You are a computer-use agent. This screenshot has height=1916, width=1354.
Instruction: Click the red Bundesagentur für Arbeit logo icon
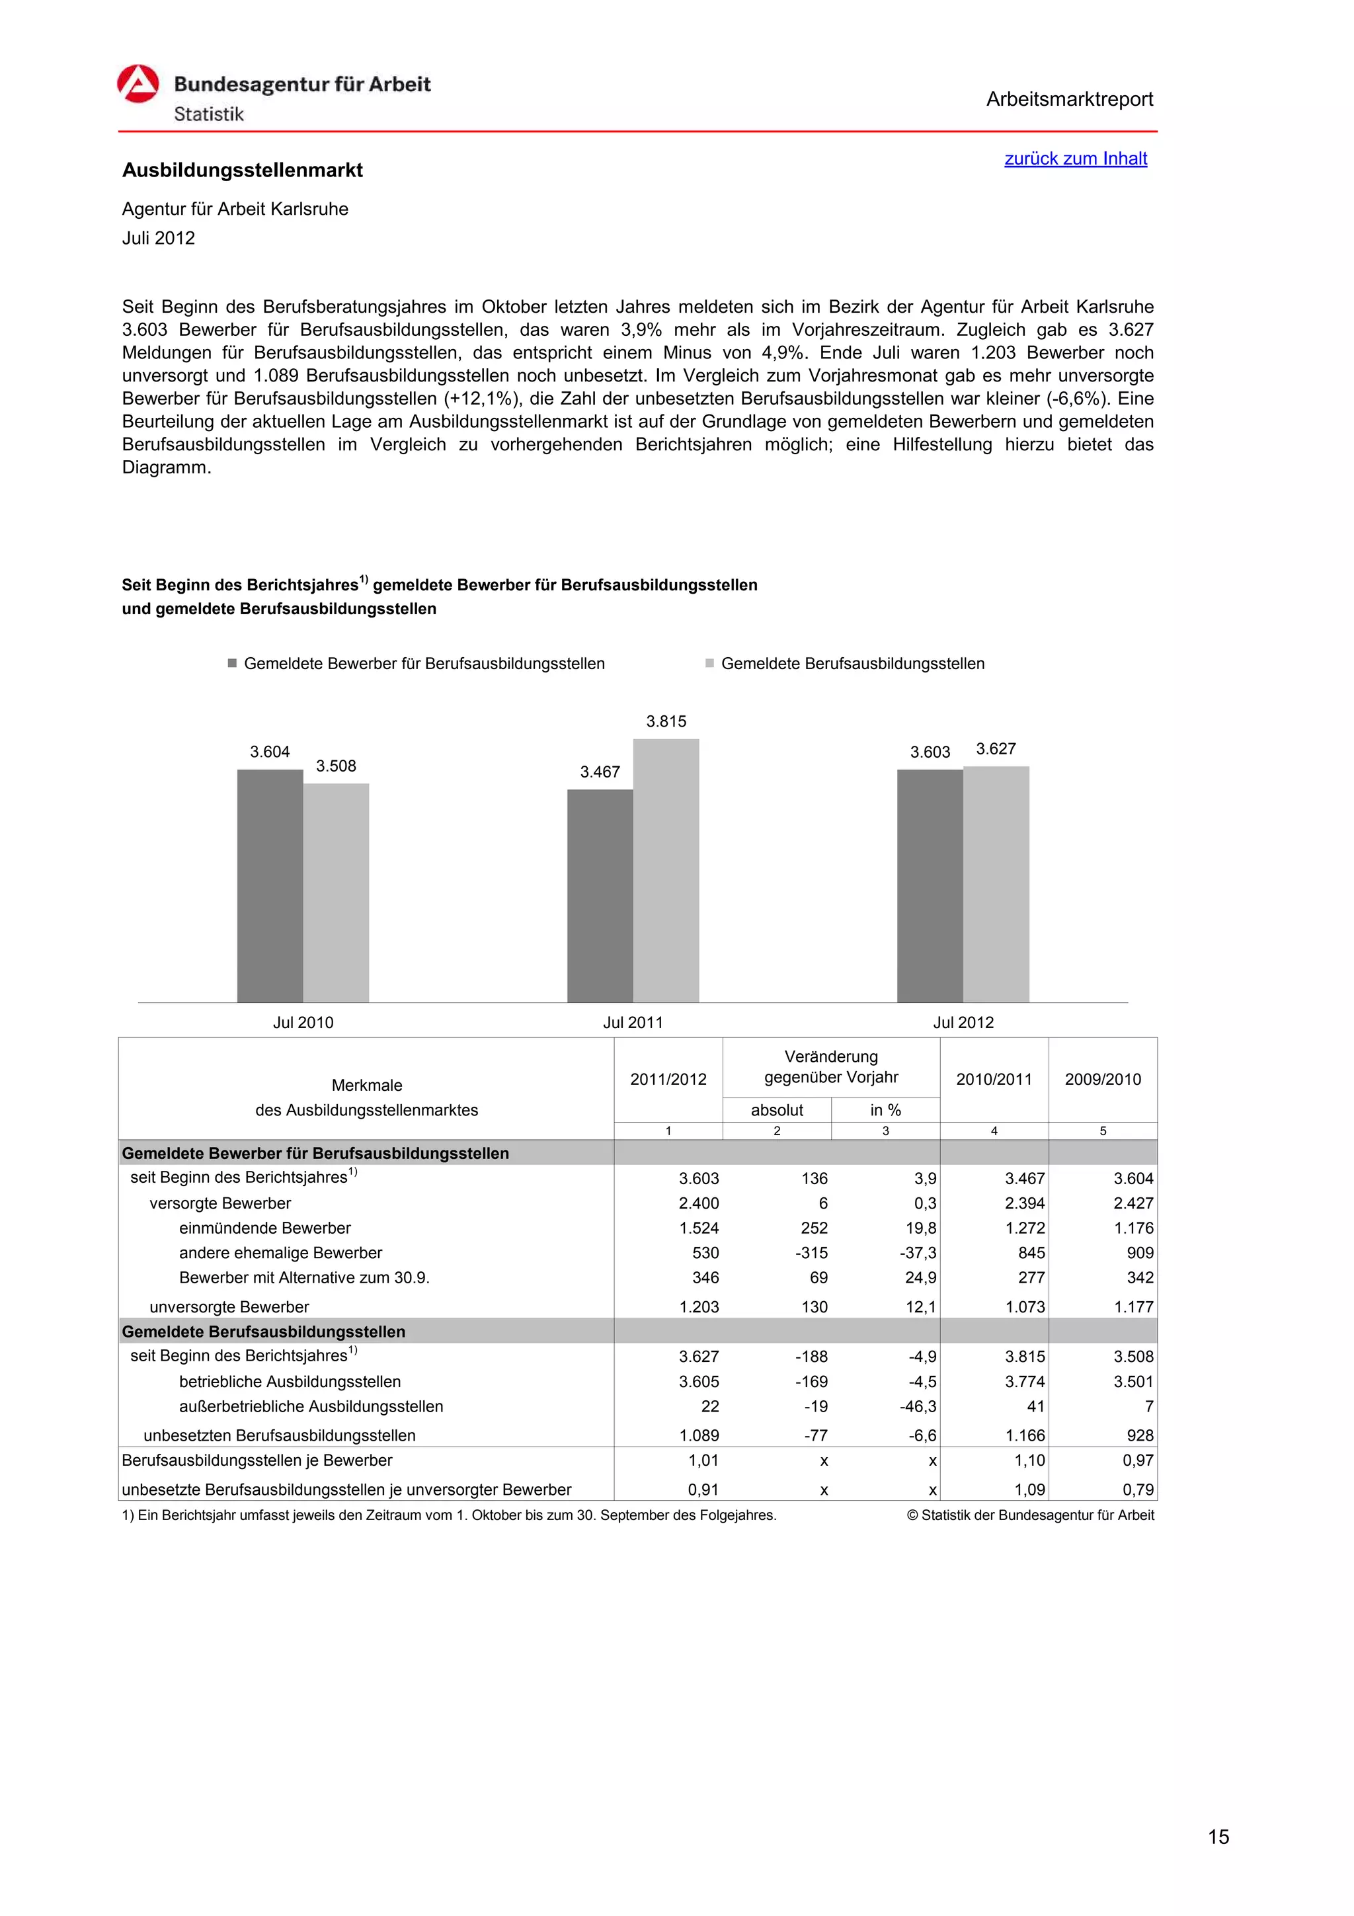pyautogui.click(x=138, y=84)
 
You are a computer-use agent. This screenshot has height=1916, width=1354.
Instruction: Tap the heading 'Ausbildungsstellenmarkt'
pyautogui.click(x=242, y=170)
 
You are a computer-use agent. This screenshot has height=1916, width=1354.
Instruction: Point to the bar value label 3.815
pyautogui.click(x=666, y=721)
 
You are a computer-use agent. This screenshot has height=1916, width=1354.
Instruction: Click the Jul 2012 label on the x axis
pyautogui.click(x=963, y=1022)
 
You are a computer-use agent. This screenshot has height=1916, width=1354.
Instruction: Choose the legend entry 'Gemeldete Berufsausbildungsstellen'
pyautogui.click(x=852, y=663)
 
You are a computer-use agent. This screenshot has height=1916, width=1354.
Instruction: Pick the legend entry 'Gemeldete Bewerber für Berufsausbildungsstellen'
pyautogui.click(x=424, y=663)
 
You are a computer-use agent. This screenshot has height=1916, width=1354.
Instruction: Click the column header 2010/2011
pyautogui.click(x=993, y=1079)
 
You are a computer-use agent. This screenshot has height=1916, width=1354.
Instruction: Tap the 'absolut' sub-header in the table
pyautogui.click(x=777, y=1110)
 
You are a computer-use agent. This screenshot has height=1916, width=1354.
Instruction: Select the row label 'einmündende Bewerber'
pyautogui.click(x=264, y=1228)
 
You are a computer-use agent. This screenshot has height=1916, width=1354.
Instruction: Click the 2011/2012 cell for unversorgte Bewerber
pyautogui.click(x=698, y=1307)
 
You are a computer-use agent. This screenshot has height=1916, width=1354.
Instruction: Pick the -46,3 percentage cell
pyautogui.click(x=918, y=1406)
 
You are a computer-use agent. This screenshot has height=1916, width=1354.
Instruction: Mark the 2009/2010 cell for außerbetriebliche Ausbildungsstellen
pyautogui.click(x=1148, y=1406)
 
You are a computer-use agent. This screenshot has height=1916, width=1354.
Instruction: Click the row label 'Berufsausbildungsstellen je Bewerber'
pyautogui.click(x=257, y=1460)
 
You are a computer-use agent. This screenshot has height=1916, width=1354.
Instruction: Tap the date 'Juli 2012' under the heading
pyautogui.click(x=159, y=238)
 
